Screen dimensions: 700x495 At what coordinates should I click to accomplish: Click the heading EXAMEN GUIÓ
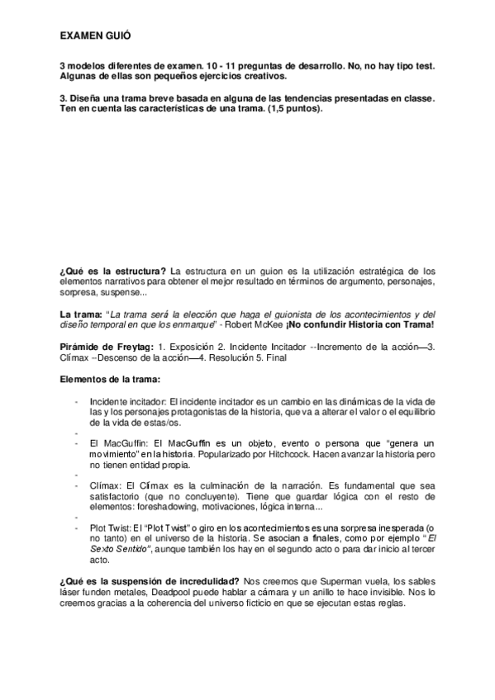click(94, 37)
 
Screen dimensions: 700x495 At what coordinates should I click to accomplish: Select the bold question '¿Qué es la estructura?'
click(108, 271)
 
